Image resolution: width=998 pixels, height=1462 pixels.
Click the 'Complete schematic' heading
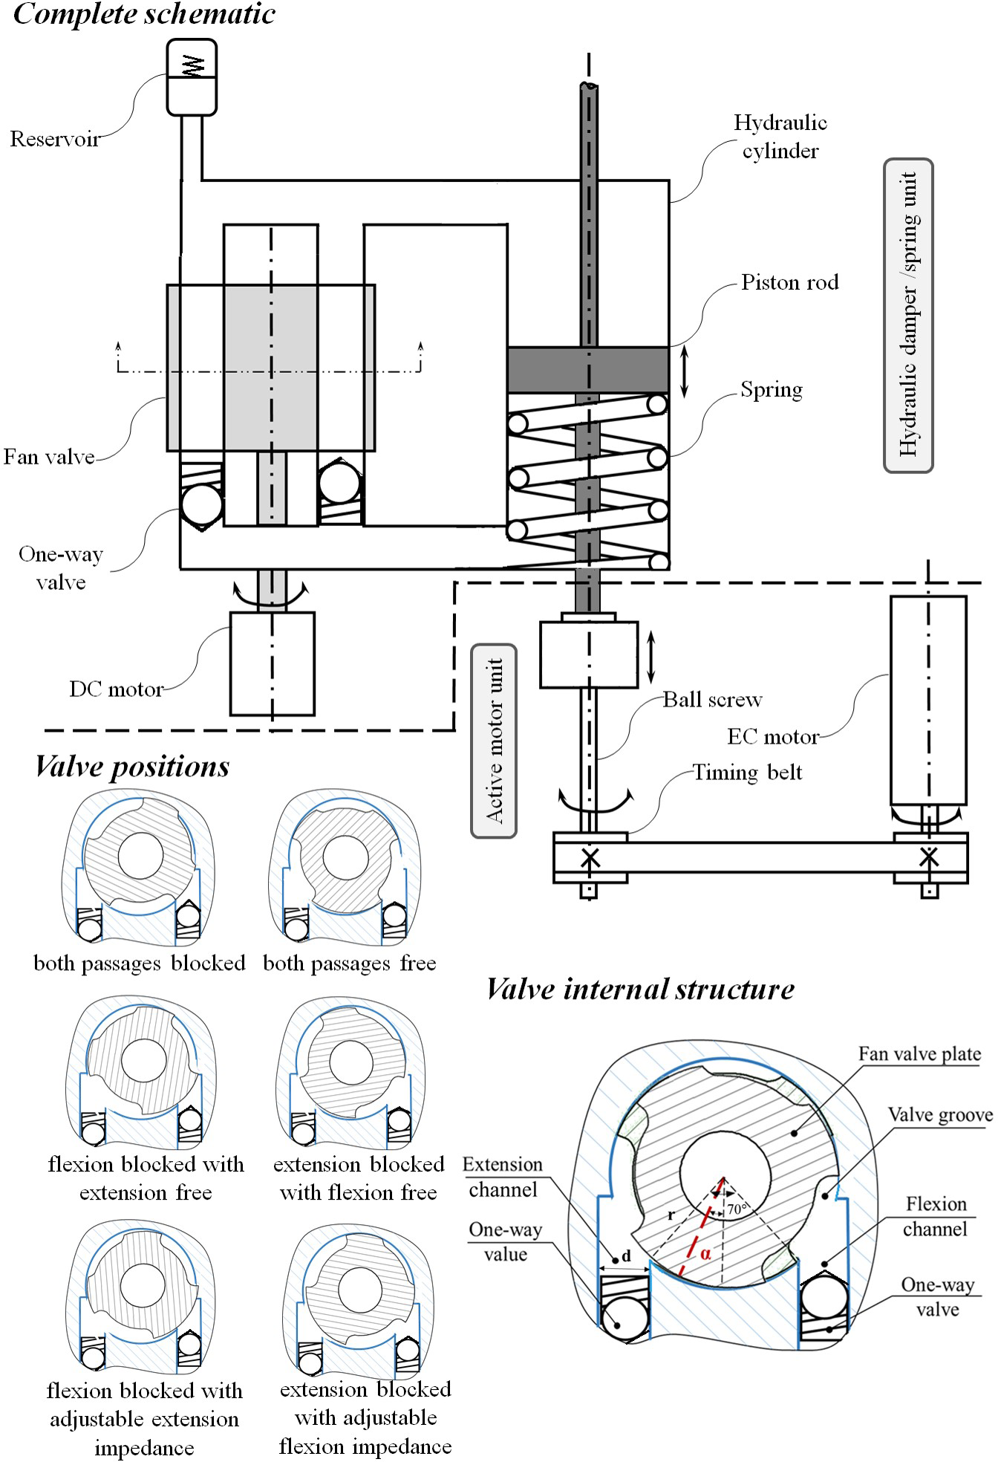click(144, 15)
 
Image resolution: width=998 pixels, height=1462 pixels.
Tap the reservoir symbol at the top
click(192, 77)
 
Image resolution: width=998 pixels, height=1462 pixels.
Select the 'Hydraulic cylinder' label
click(780, 137)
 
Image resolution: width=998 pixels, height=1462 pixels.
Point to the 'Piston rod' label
click(789, 282)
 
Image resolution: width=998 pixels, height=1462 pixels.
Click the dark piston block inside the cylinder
click(587, 369)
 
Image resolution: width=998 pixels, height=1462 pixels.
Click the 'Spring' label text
click(772, 390)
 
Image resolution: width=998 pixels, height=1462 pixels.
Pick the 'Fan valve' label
click(49, 456)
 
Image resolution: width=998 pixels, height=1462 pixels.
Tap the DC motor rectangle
click(272, 663)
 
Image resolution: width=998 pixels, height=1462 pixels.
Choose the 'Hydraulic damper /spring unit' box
click(908, 315)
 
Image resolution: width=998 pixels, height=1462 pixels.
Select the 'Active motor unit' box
click(494, 741)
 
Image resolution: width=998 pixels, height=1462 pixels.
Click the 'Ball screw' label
click(712, 700)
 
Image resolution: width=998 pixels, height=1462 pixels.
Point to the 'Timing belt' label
click(747, 773)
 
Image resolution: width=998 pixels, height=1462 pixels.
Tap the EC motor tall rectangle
click(928, 700)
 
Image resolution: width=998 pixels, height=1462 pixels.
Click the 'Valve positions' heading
click(132, 767)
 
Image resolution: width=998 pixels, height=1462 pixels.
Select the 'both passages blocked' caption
click(140, 964)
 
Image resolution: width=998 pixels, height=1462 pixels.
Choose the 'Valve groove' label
click(939, 1115)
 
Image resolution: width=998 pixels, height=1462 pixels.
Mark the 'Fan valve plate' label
click(919, 1054)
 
